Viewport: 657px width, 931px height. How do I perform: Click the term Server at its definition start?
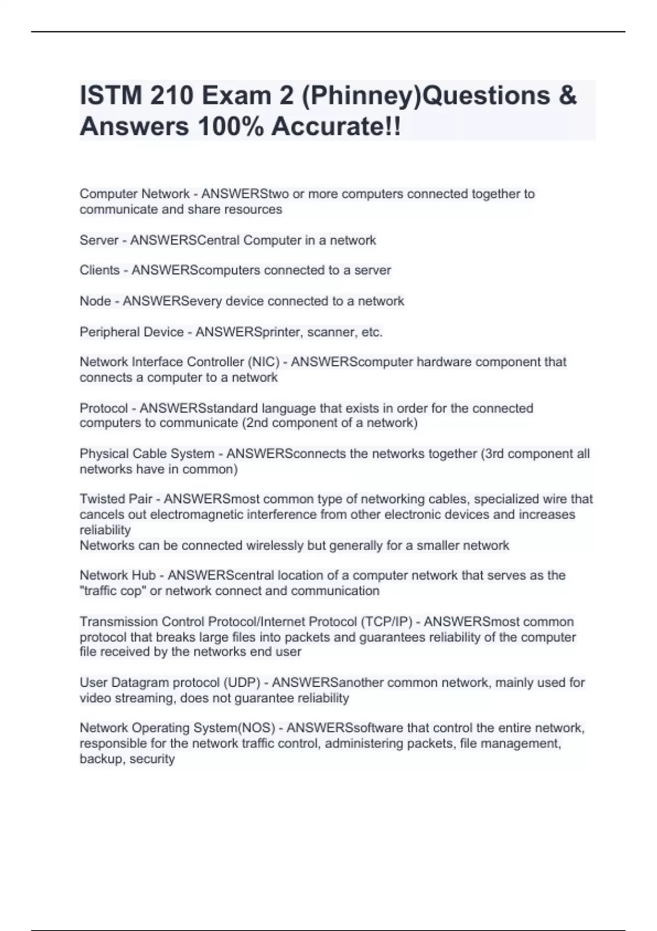pos(99,240)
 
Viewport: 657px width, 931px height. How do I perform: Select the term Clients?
pos(99,271)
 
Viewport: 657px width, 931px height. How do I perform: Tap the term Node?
pos(95,301)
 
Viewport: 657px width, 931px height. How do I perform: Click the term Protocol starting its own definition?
pos(103,409)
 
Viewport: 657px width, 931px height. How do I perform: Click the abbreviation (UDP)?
pos(241,683)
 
